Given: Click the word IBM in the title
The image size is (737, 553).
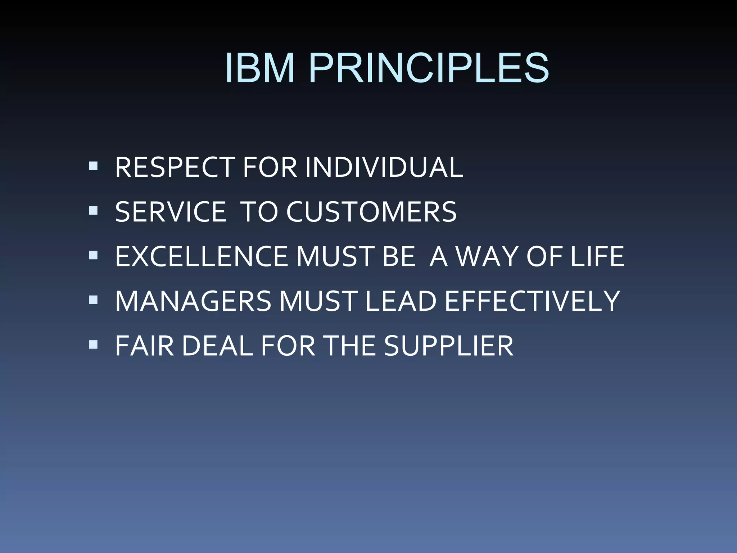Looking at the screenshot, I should pos(260,68).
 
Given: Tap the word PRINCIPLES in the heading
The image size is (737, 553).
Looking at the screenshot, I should pos(428,68).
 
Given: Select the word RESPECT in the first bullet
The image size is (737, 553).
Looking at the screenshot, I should pos(175,167).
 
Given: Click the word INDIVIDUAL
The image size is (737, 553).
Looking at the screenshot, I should pos(384,167).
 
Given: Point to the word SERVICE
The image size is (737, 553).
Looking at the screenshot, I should pos(171,212).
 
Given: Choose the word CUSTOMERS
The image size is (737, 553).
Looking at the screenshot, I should pos(371,212).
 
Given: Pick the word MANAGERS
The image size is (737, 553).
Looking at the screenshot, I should pos(193,301).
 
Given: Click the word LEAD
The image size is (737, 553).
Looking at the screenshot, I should pos(401,301).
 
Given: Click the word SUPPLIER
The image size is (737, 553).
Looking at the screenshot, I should pos(448,346).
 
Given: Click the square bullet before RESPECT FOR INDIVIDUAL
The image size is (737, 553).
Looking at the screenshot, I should pos(93,166).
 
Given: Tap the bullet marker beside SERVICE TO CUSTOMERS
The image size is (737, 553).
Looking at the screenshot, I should pos(93,211).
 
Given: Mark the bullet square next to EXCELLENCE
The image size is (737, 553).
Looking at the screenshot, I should pos(93,255).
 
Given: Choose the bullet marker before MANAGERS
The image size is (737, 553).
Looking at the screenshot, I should pos(93,300).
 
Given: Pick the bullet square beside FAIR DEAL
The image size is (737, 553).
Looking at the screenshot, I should pos(93,345).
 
